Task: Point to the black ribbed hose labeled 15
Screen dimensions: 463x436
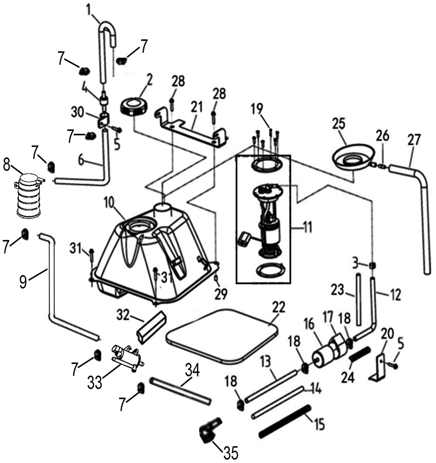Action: pyautogui.click(x=284, y=420)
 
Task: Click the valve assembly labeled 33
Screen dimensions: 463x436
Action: pyautogui.click(x=126, y=358)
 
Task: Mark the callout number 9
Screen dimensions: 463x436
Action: pyautogui.click(x=23, y=282)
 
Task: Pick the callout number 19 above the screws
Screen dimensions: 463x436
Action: pyautogui.click(x=257, y=110)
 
